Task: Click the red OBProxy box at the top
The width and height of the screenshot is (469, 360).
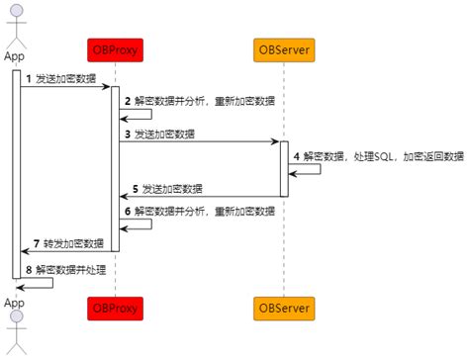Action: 115,50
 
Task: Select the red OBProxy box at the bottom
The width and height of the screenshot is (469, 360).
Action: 115,309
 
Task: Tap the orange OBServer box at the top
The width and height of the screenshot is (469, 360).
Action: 284,50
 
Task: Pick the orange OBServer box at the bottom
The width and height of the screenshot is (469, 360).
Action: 284,309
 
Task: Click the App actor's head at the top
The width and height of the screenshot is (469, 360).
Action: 17,11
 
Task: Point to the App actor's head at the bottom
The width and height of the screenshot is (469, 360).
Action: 17,316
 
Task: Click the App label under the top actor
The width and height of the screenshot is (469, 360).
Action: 14,56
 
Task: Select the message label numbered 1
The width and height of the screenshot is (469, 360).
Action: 61,79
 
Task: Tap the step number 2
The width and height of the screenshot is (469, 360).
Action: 128,101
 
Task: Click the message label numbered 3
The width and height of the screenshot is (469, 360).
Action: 160,135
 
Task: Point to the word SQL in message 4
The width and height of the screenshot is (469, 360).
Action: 384,156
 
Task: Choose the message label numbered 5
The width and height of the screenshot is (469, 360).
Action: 167,189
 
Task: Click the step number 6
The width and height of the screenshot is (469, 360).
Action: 128,212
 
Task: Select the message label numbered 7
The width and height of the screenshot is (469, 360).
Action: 68,243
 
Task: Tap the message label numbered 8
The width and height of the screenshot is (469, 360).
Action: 66,270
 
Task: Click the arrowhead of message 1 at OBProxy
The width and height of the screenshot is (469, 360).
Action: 107,87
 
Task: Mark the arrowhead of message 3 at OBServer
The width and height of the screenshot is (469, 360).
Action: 275,141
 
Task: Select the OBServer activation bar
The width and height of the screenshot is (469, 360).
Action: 284,169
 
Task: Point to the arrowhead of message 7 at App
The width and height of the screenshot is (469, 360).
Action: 25,251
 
